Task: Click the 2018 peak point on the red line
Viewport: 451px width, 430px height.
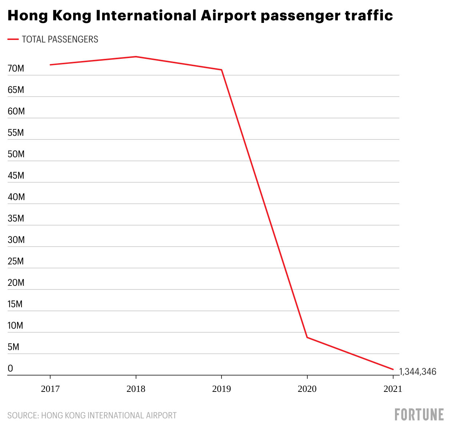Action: (x=136, y=57)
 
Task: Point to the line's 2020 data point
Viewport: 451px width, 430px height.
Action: (x=307, y=337)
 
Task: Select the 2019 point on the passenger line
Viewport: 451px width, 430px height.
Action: (x=221, y=70)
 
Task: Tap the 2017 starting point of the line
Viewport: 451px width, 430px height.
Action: (x=50, y=65)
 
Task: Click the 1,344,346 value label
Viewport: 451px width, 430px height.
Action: (x=418, y=372)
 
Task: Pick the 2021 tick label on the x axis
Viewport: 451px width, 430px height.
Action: (x=393, y=389)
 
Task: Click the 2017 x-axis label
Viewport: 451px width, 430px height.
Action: (x=50, y=389)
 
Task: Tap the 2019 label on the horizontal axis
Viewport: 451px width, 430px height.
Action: (x=221, y=389)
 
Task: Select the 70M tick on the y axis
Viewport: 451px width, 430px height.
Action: (x=16, y=68)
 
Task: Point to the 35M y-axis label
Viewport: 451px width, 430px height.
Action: (x=16, y=218)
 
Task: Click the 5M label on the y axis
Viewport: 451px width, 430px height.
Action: (x=13, y=347)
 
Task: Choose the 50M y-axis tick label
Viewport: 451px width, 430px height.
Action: (x=16, y=154)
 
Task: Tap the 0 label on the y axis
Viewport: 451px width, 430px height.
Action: (x=10, y=368)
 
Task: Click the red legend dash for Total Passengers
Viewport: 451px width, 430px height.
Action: (x=13, y=39)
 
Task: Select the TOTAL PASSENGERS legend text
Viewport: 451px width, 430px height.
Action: (x=60, y=39)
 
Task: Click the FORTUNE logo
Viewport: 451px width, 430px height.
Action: (x=419, y=414)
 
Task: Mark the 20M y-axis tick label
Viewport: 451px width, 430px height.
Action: (x=16, y=283)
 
